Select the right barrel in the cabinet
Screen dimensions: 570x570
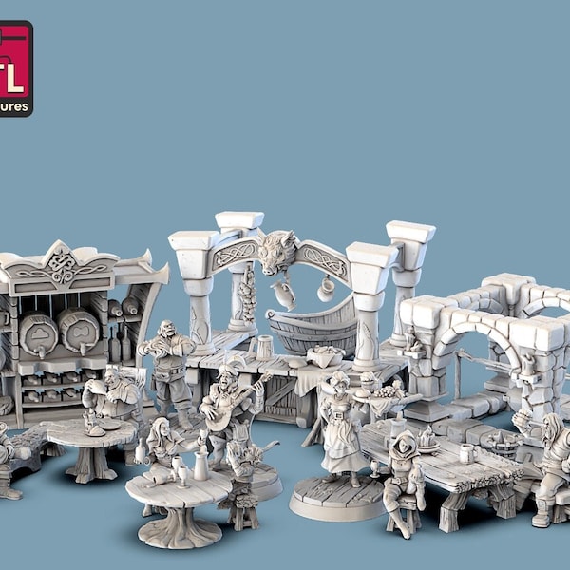[x=80, y=329]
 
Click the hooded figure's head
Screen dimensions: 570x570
[x=407, y=443]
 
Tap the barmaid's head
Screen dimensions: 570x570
[x=339, y=382]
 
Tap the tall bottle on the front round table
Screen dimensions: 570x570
[x=200, y=465]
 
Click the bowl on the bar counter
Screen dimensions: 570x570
[x=326, y=355]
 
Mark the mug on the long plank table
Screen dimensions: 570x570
[x=466, y=453]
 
